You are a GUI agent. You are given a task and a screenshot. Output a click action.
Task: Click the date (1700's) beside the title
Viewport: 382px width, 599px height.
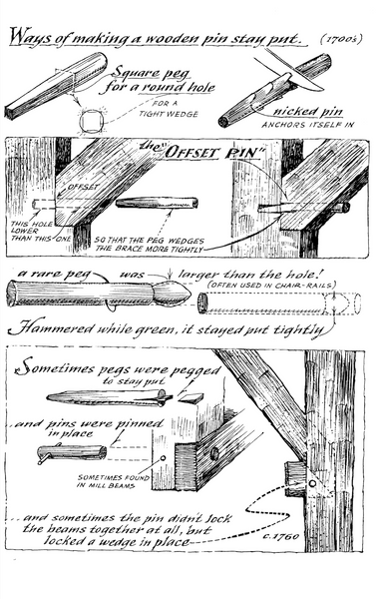click(341, 39)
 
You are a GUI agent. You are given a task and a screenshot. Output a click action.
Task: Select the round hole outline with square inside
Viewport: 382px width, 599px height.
click(92, 121)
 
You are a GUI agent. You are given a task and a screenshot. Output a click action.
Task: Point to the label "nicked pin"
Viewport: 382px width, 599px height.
click(307, 111)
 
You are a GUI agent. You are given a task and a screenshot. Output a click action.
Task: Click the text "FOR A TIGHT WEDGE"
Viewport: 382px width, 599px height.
click(169, 109)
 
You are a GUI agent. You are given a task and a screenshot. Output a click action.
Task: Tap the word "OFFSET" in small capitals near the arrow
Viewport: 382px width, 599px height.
click(83, 188)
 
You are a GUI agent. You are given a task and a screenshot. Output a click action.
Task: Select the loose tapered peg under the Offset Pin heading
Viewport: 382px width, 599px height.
click(157, 203)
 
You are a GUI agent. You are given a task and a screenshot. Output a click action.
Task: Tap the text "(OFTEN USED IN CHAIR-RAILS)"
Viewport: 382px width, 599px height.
click(271, 286)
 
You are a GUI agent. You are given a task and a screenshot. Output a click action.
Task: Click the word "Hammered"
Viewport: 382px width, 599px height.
click(50, 328)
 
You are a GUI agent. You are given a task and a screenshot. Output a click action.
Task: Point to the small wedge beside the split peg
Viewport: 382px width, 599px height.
click(191, 398)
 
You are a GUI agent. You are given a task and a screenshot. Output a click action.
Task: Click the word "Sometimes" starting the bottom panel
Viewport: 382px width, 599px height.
click(54, 367)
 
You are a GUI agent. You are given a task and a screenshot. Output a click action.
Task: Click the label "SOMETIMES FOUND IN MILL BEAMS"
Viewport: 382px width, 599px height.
click(114, 481)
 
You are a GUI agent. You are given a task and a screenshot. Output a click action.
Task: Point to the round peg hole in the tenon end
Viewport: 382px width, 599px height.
click(214, 453)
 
